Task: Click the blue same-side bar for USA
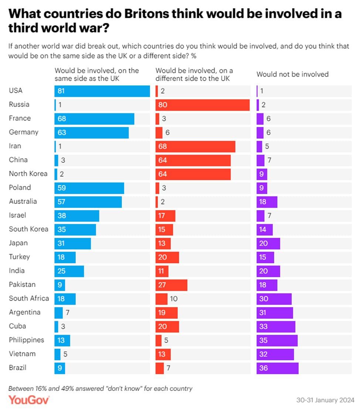102,91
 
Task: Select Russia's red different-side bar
203,105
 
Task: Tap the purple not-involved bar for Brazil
277,368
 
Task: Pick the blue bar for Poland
89,188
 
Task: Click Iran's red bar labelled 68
196,146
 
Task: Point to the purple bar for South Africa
274,299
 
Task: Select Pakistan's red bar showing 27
171,285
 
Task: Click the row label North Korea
28,174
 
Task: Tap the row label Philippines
27,340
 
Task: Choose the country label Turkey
19,257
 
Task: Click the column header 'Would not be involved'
292,74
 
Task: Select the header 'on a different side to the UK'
194,74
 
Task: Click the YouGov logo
29,400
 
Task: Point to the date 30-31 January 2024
325,401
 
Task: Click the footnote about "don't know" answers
100,388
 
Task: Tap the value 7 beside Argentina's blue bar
67,313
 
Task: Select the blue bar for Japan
72,243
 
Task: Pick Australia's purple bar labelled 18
267,202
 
